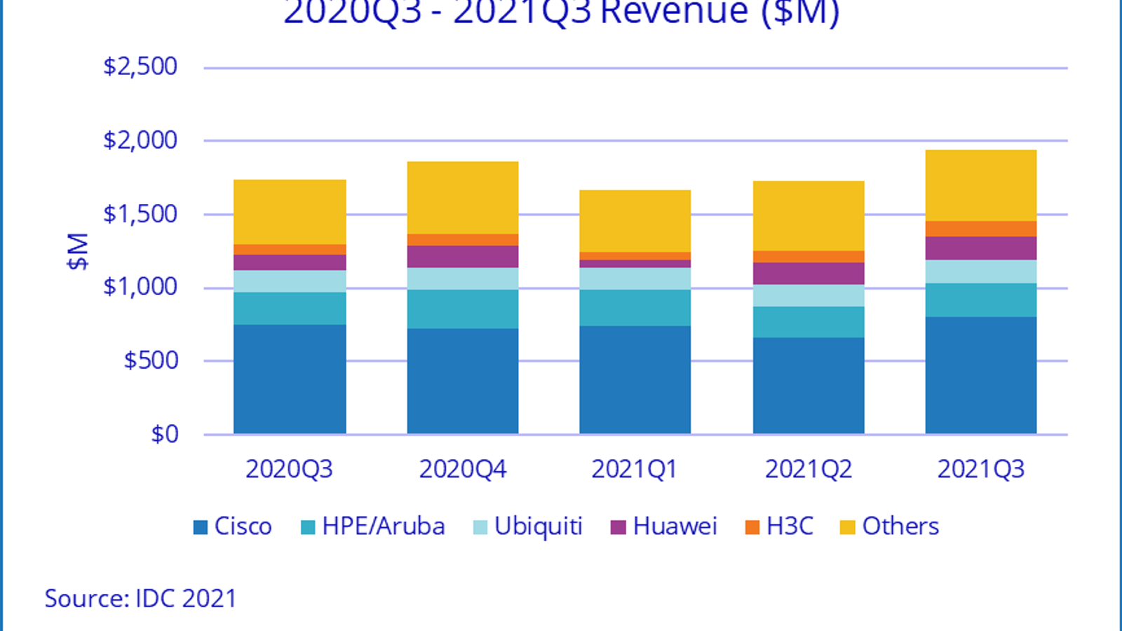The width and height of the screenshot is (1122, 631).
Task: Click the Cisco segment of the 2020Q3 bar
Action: (290, 379)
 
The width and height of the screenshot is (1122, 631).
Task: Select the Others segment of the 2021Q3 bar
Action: (980, 186)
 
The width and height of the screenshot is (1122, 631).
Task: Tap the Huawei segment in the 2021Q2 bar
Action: (808, 273)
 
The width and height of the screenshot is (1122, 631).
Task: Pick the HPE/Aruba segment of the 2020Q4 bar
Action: (463, 309)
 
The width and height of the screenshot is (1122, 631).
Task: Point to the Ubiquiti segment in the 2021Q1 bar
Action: (635, 278)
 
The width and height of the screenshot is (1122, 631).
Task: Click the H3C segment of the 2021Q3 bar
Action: (980, 229)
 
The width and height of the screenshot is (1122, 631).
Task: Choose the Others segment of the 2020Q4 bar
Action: (463, 198)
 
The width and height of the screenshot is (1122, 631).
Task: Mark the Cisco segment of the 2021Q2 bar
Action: (808, 386)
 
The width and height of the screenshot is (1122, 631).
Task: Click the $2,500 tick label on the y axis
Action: (140, 67)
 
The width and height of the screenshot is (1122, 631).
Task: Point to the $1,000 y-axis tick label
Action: (140, 287)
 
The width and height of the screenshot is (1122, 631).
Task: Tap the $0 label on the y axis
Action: (165, 435)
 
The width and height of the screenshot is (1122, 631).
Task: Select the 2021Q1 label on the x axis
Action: (635, 469)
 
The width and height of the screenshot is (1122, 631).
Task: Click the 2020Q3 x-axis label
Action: (290, 469)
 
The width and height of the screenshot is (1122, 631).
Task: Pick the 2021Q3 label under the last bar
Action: (980, 469)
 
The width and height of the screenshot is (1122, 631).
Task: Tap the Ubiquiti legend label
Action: (538, 527)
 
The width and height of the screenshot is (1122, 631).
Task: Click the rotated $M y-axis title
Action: (78, 251)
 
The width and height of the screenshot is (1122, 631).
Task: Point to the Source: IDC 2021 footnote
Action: (140, 599)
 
